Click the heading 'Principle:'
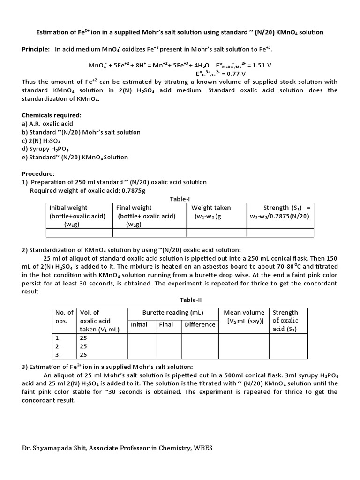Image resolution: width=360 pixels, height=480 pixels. pyautogui.click(x=36, y=49)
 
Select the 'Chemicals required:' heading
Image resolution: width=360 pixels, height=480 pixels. pyautogui.click(x=52, y=115)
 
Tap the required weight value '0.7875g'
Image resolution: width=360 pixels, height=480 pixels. pyautogui.click(x=133, y=190)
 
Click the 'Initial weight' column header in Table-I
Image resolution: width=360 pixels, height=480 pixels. pyautogui.click(x=68, y=207)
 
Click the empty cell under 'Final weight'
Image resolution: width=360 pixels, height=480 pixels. pyautogui.click(x=150, y=233)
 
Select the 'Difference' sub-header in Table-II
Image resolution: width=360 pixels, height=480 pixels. pyautogui.click(x=200, y=324)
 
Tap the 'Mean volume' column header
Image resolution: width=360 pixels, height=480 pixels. pyautogui.click(x=244, y=312)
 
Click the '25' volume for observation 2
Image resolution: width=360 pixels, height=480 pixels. pyautogui.click(x=84, y=346)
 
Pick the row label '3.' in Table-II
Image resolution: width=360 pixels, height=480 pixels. pyautogui.click(x=58, y=355)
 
